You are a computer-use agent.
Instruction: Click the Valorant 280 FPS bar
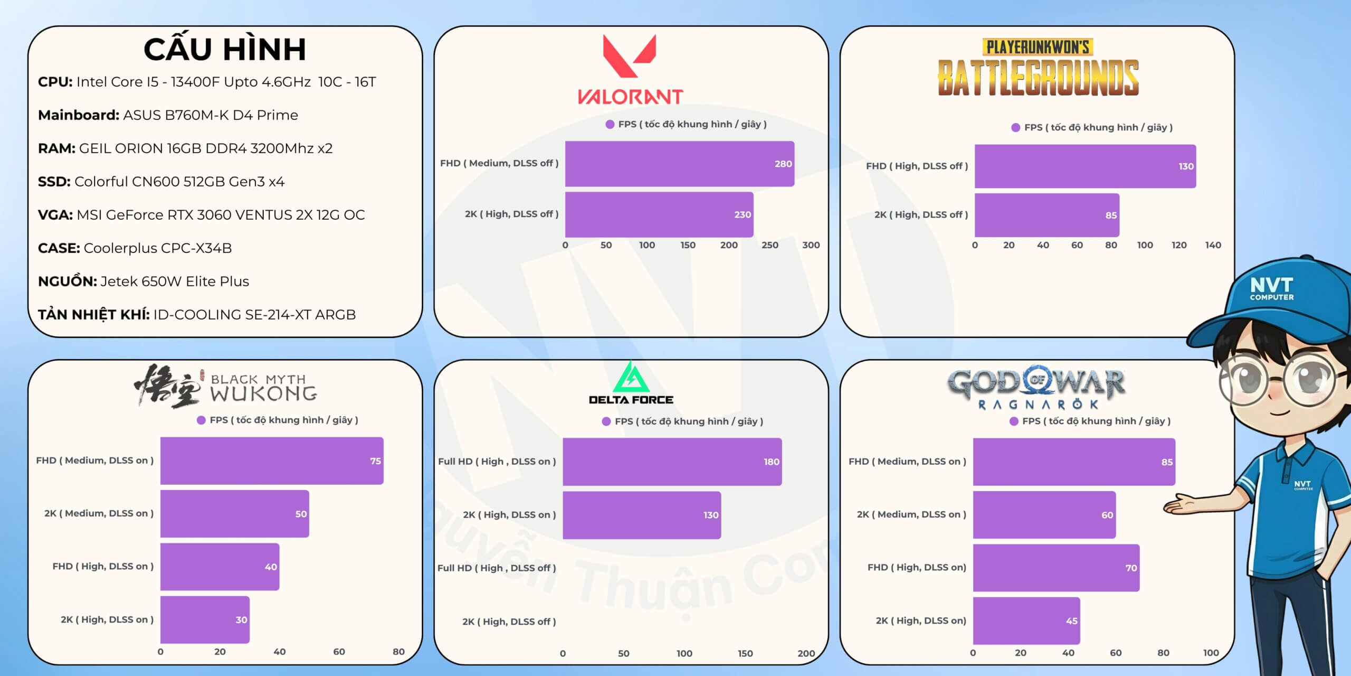679,164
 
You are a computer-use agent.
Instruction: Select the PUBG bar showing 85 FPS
1046,215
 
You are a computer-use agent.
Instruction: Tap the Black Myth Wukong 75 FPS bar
272,461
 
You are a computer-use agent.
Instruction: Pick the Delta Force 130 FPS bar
641,515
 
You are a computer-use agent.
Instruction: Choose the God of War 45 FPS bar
1026,621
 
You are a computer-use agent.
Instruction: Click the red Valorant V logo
630,55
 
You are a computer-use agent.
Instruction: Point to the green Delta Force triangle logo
631,377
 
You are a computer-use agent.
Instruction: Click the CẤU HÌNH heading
225,49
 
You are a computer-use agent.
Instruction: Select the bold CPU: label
55,82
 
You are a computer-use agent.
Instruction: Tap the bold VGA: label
55,215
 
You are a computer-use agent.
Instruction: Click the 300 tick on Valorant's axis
811,245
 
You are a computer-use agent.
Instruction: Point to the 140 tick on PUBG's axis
1213,245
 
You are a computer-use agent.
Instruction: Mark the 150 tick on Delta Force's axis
745,653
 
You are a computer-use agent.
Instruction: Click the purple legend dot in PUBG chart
1015,127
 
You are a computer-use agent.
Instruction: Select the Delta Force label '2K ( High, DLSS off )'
509,622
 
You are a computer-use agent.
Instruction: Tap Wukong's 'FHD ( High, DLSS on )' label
103,566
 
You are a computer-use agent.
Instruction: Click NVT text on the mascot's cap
1271,286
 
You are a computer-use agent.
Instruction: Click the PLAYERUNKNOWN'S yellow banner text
1038,48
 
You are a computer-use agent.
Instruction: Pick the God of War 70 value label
1131,568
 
